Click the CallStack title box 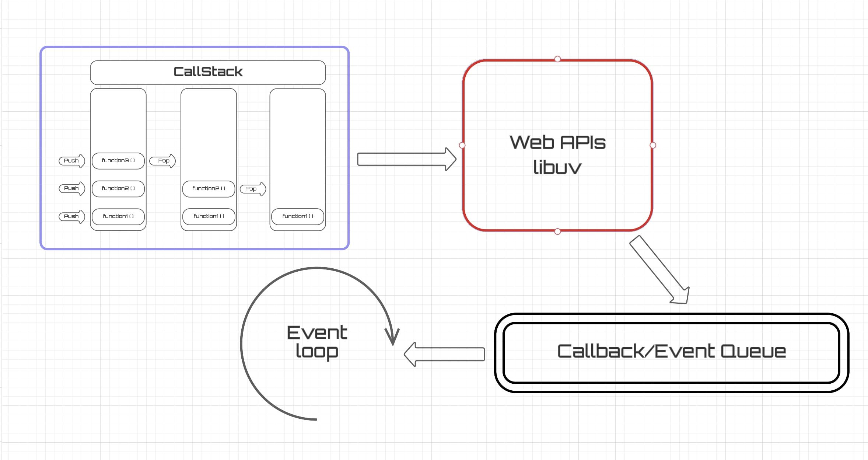click(208, 73)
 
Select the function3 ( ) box click(118, 161)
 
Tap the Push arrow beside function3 click(72, 161)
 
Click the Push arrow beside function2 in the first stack click(72, 188)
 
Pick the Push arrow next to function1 click(72, 216)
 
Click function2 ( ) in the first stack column click(118, 189)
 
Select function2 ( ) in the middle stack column click(209, 189)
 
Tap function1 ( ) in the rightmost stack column click(298, 216)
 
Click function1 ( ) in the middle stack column click(209, 216)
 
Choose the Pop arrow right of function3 click(162, 161)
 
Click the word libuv click(557, 167)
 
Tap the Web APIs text click(557, 142)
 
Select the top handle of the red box click(557, 59)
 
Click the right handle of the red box click(653, 145)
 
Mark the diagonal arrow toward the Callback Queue click(659, 270)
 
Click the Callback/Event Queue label click(671, 351)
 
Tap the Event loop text click(317, 342)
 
